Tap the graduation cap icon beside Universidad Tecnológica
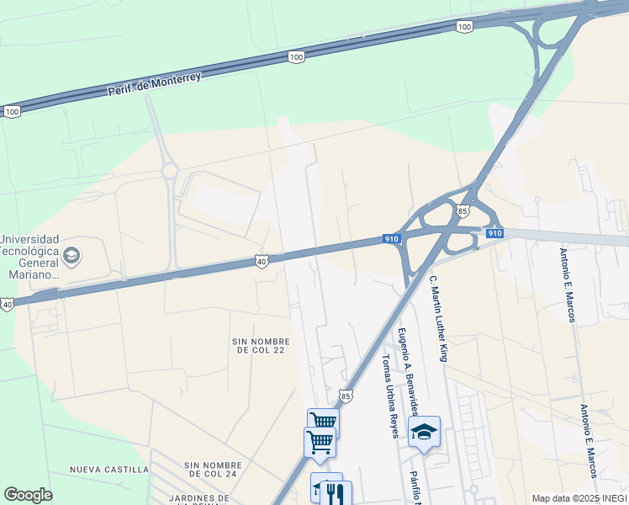pos(72,254)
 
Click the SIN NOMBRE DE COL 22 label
pos(261,346)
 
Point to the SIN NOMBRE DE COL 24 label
pos(213,469)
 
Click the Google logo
pos(28,495)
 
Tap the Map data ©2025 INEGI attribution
pos(579,498)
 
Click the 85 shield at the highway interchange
pos(462,210)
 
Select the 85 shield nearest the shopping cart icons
pos(346,395)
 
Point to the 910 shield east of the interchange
pos(494,233)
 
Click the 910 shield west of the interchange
pos(391,239)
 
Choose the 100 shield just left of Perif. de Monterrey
pos(12,111)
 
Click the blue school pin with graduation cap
pos(425,432)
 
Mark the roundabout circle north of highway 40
pos(170,171)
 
